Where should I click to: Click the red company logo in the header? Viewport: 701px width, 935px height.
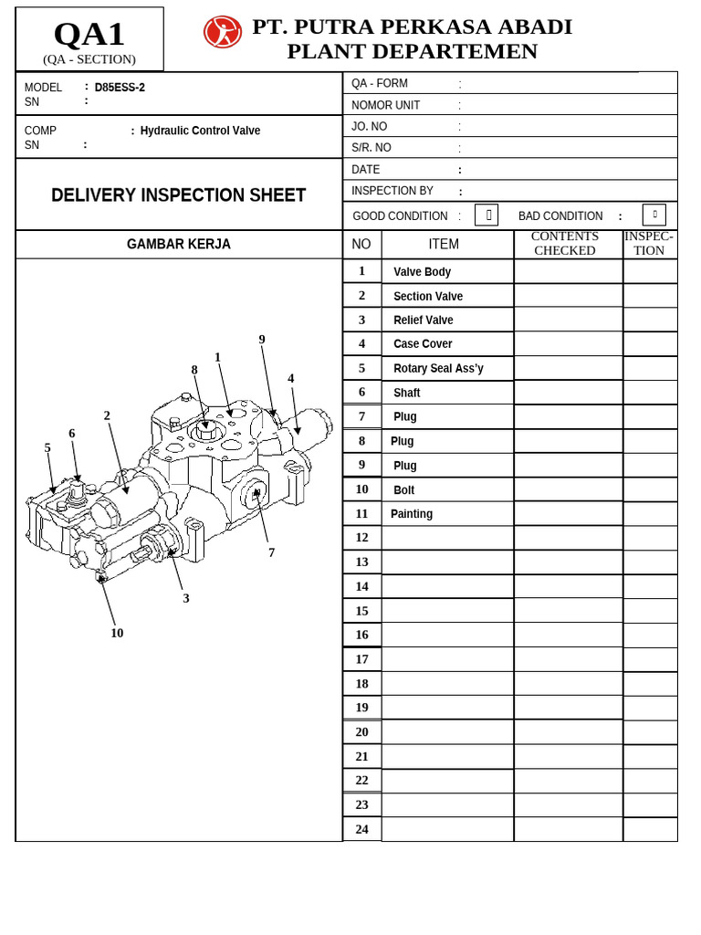pos(222,32)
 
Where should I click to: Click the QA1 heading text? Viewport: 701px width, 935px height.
pos(89,35)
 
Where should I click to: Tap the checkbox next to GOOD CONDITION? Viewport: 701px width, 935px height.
pos(487,215)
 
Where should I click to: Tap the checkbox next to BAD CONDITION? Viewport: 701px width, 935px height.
pos(654,215)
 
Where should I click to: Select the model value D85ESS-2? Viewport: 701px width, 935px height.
pos(120,88)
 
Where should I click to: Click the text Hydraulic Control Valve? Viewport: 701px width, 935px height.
pos(200,131)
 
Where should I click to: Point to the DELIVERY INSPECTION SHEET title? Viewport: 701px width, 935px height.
pos(178,195)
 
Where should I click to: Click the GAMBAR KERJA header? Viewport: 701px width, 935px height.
pos(178,245)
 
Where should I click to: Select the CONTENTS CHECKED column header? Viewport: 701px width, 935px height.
pos(565,244)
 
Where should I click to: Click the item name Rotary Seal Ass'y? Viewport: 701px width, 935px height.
pos(438,368)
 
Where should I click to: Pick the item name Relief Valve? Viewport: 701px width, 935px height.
pos(423,320)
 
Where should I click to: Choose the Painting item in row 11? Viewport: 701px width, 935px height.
pos(412,514)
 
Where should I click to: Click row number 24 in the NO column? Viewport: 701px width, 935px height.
pos(361,829)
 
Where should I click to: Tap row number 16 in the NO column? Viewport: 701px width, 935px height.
pos(361,635)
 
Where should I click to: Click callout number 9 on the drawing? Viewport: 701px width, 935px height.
pos(262,340)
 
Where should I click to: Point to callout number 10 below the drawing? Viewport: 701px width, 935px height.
pos(117,633)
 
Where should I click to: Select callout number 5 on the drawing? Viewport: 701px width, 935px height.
pos(47,447)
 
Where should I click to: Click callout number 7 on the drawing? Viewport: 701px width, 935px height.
pos(271,552)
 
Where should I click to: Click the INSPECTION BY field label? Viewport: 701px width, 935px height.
pos(392,191)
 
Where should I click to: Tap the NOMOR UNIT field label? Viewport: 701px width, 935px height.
pos(386,105)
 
